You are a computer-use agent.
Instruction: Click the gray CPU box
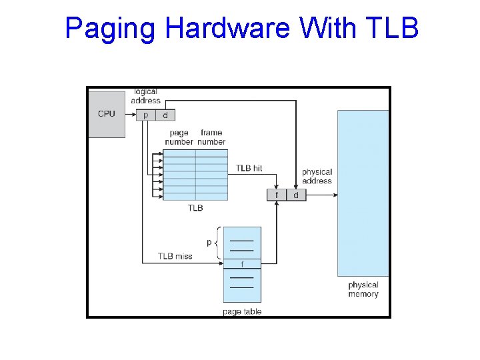coord(107,114)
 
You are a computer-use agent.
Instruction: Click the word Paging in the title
coord(110,29)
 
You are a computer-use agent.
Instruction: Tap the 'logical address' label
coord(145,96)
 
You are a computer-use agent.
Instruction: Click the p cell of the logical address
coord(146,115)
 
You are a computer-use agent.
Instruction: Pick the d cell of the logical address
coord(165,115)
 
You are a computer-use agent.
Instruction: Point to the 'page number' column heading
coord(179,137)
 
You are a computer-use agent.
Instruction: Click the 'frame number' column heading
coord(211,137)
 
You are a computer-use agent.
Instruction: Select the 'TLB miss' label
coord(175,256)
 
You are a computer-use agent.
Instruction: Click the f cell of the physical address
coord(276,195)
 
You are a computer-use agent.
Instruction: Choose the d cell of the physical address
coord(296,195)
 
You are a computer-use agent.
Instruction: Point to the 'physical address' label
coord(317,176)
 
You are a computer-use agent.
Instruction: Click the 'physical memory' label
coord(363,289)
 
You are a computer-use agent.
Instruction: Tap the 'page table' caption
coord(242,311)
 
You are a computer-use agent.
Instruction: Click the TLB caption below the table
coord(195,208)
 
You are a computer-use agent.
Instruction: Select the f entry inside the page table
coord(242,263)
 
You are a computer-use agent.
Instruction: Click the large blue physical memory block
coord(363,193)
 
